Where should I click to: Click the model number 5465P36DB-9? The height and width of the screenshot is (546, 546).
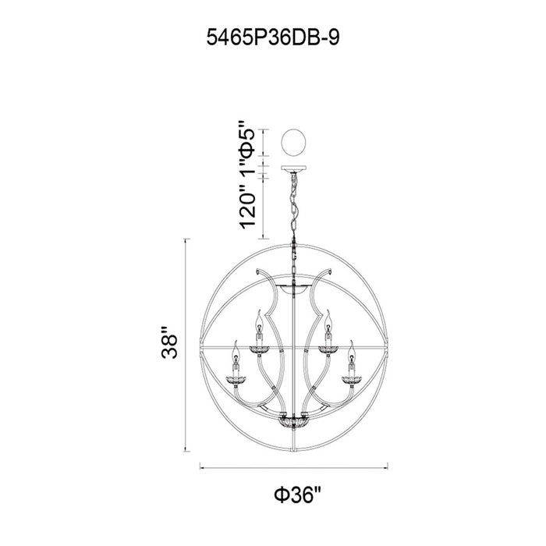tap(273, 37)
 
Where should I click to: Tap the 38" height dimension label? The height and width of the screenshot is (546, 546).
tap(170, 342)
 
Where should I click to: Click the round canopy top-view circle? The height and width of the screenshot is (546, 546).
tap(293, 143)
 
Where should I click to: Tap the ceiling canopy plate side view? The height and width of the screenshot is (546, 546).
tap(293, 168)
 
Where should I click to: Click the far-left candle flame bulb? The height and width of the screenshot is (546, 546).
tap(236, 351)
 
